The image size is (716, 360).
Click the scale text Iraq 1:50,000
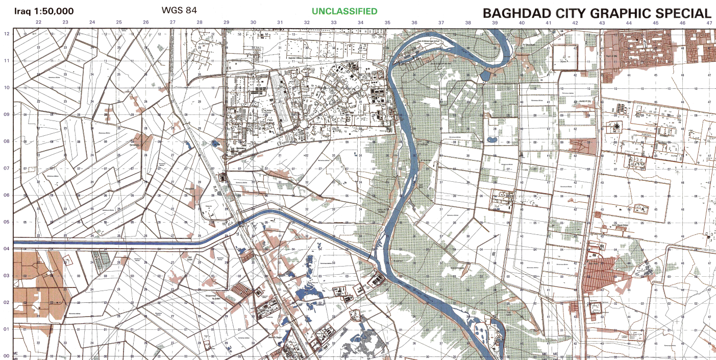click(x=44, y=11)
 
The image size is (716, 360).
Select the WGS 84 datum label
click(x=179, y=10)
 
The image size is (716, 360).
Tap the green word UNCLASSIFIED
click(x=344, y=11)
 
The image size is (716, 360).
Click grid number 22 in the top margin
click(x=38, y=22)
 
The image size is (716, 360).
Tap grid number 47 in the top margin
click(x=709, y=22)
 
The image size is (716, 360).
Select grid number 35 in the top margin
click(x=387, y=22)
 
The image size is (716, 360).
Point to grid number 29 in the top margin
click(x=226, y=22)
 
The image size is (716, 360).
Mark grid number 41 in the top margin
click(x=548, y=22)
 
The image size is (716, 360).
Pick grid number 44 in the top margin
click(x=629, y=22)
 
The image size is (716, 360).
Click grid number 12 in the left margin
click(x=7, y=34)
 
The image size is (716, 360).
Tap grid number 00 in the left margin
click(x=7, y=355)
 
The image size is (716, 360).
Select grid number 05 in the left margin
click(x=7, y=222)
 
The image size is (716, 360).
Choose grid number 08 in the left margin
click(x=7, y=141)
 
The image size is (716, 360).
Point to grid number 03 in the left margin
click(x=7, y=275)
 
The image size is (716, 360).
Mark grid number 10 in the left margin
click(x=7, y=87)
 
